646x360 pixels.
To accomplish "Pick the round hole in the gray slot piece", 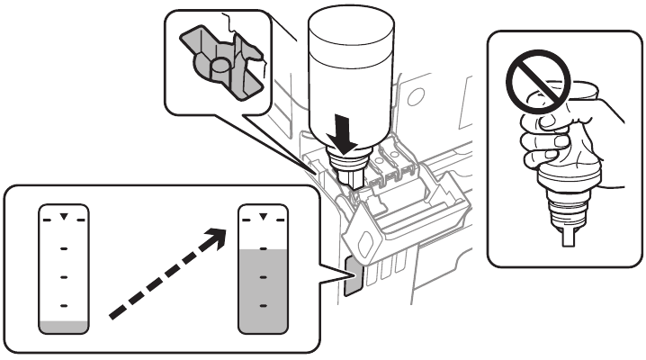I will coord(218,66).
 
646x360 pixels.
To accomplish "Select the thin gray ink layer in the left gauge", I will coord(62,325).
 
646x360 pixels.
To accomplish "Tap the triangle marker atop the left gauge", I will coord(62,217).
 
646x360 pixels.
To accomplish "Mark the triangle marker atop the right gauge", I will coord(261,217).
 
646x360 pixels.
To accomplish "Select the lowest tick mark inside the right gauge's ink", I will coord(261,306).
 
